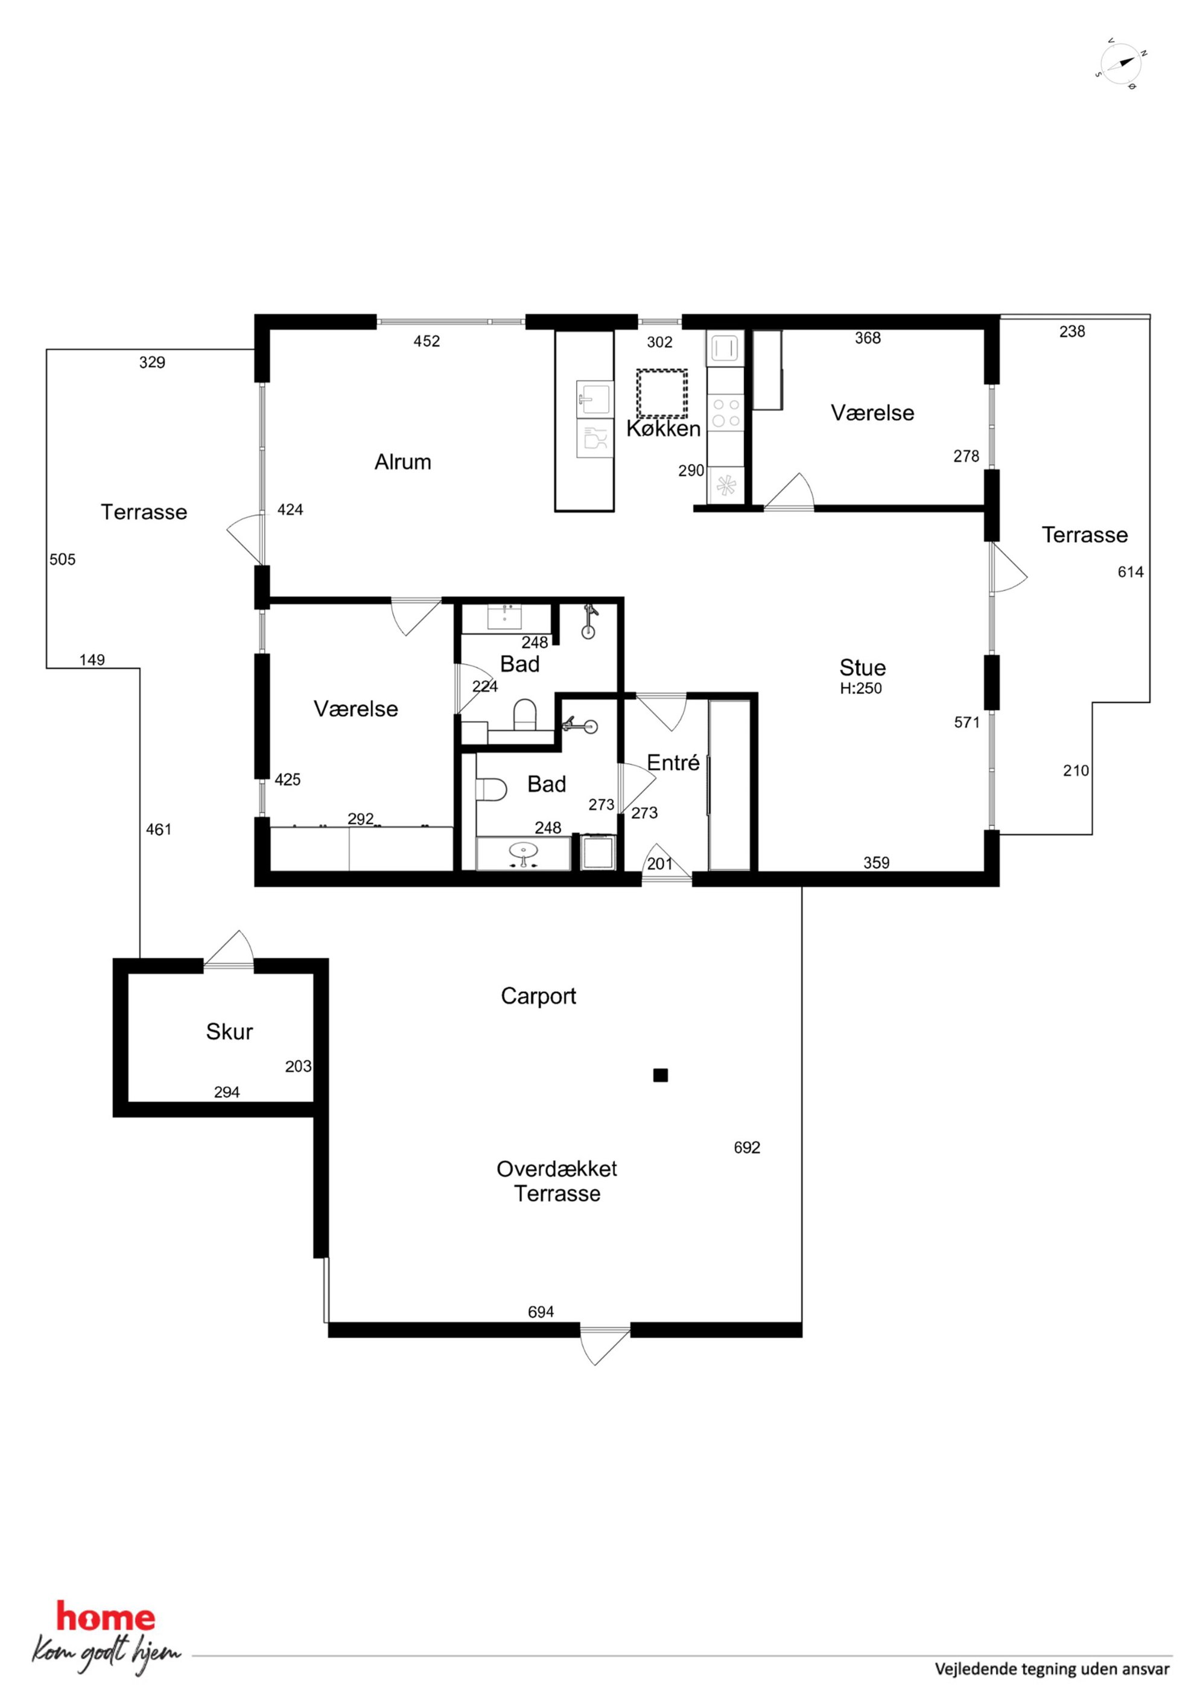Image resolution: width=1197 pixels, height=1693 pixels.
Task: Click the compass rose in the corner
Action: [x=1121, y=64]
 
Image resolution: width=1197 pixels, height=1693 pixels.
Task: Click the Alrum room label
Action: [x=402, y=462]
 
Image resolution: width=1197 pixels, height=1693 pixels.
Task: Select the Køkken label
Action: [x=664, y=429]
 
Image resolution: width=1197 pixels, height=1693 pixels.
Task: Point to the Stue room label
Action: [x=862, y=668]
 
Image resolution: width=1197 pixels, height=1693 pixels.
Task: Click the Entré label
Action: [x=673, y=763]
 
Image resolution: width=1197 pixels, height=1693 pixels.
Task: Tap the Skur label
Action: [x=229, y=1032]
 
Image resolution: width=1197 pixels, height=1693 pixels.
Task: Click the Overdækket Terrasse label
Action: [x=557, y=1181]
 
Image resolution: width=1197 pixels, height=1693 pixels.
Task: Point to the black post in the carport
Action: [x=660, y=1075]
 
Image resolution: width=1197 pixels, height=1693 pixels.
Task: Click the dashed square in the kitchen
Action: [x=662, y=394]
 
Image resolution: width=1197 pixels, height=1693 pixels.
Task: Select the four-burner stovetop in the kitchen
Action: [x=726, y=413]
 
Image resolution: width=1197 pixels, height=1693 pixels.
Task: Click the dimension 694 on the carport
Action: [x=541, y=1312]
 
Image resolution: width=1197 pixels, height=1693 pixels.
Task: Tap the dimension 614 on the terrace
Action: [x=1131, y=571]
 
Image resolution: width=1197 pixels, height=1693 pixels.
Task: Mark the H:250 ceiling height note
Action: [x=861, y=688]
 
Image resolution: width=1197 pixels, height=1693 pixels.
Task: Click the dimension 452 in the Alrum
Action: [x=427, y=341]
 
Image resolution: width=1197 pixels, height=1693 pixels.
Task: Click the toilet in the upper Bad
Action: [x=525, y=714]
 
